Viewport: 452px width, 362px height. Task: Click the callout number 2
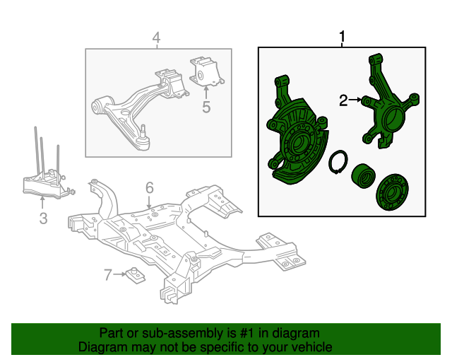(x=343, y=101)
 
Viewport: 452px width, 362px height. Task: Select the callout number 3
(x=43, y=218)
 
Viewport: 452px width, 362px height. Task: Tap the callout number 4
(x=156, y=37)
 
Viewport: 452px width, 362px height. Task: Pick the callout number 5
(x=206, y=107)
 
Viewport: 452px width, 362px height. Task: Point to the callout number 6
(x=150, y=187)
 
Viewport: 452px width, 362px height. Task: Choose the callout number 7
(x=108, y=274)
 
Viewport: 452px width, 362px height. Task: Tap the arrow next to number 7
(x=119, y=274)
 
